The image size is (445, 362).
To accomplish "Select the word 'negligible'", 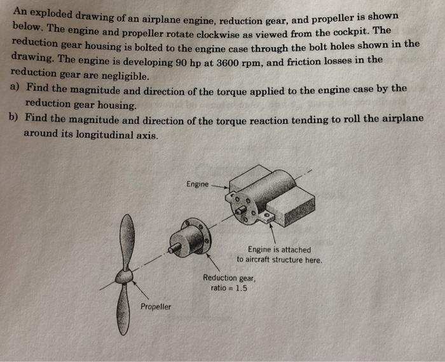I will [x=118, y=76].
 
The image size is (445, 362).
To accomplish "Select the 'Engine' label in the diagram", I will [x=197, y=184].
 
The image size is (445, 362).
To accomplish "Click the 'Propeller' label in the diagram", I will [x=156, y=307].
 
